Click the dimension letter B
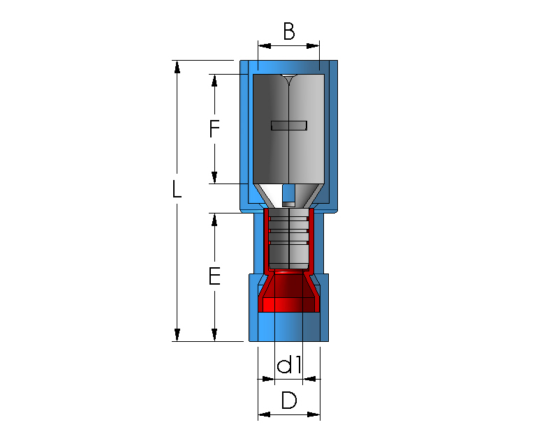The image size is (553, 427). click(289, 31)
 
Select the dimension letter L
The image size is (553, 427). click(177, 189)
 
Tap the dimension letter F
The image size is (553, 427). click(214, 128)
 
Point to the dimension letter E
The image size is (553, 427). click(214, 276)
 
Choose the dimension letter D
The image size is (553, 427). click(289, 400)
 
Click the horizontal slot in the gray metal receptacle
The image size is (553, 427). click(289, 126)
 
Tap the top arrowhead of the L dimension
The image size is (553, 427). click(177, 67)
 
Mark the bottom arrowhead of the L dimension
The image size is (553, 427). click(177, 335)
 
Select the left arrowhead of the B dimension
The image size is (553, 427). click(265, 46)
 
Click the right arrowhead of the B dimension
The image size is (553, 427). click(313, 46)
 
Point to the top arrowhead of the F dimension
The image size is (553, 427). click(214, 81)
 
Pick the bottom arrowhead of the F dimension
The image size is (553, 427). click(214, 177)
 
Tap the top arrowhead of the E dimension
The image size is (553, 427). click(214, 220)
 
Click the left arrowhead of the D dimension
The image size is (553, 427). click(265, 414)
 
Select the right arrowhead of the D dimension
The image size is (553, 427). click(314, 414)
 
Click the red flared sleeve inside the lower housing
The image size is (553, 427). click(289, 292)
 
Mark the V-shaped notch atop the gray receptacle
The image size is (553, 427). click(289, 80)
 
